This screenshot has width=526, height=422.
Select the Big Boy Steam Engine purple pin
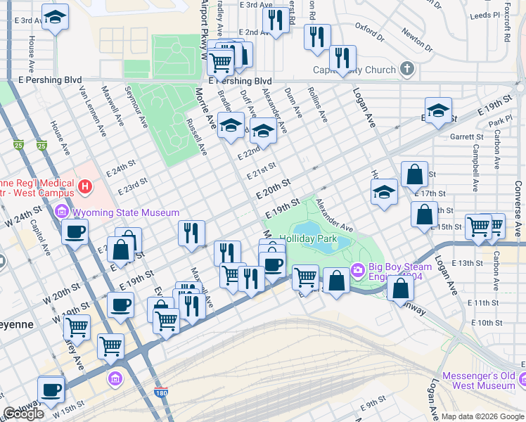tap(357, 269)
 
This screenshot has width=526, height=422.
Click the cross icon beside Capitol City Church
tap(406, 70)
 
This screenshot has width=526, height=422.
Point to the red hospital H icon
tap(85, 187)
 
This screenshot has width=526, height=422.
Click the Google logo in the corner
tap(23, 414)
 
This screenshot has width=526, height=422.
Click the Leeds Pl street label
tap(484, 14)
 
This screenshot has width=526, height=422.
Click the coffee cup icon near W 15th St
tap(51, 389)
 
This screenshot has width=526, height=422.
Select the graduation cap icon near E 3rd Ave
tap(54, 17)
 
